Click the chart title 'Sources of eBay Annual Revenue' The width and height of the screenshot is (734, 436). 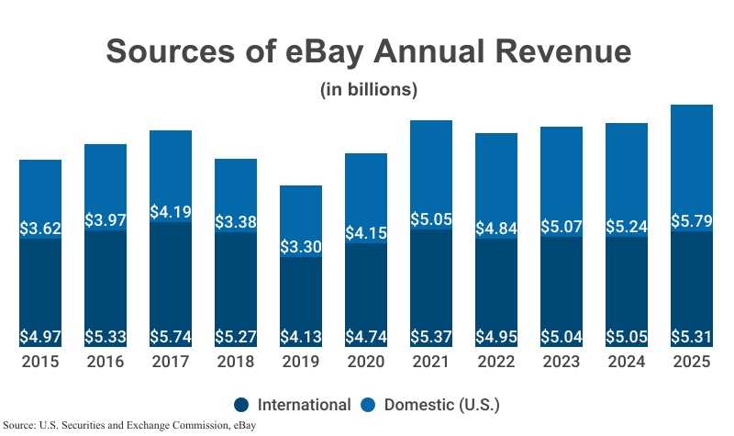(368, 50)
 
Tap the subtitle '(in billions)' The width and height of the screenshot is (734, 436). (368, 90)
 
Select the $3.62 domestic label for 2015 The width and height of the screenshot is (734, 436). (40, 229)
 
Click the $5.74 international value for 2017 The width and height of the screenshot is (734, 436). (171, 336)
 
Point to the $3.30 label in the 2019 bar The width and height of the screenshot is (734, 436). (301, 246)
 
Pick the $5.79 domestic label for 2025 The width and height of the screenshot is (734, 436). (692, 221)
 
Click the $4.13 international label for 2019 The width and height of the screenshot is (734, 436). (301, 336)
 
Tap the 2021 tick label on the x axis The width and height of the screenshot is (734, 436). (431, 362)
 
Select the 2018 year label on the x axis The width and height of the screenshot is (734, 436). (236, 362)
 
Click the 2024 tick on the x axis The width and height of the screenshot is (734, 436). (627, 362)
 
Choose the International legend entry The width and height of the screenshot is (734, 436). (304, 405)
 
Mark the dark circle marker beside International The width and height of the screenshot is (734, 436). (242, 405)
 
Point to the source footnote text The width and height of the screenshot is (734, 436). (129, 425)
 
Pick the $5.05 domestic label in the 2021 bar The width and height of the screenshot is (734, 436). (431, 219)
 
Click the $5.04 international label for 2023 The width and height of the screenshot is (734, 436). (562, 336)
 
